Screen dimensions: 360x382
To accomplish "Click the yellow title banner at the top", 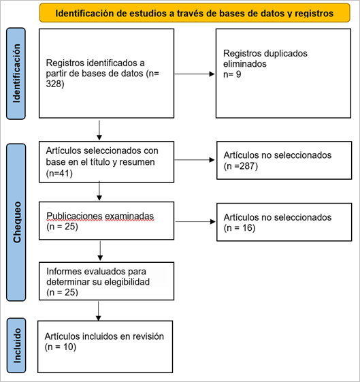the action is coord(195,13).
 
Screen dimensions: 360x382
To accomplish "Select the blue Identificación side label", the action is coord(16,74).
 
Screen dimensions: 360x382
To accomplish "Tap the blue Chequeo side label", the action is coord(16,222).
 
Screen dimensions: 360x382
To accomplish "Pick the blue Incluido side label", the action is coord(16,345).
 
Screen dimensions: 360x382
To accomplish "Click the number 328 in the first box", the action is coord(54,84).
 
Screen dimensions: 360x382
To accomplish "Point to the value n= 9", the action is coord(232,74).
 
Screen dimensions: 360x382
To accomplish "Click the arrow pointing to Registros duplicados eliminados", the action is coord(195,74).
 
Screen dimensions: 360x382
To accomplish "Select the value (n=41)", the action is coord(59,174).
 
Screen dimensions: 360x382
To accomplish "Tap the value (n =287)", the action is coord(241,166).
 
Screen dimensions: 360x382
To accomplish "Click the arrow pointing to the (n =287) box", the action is coord(195,160).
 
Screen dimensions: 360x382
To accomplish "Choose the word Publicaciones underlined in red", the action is coord(74,216).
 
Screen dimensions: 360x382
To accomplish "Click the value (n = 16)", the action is coord(240,228).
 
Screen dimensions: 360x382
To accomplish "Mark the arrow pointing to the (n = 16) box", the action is coord(195,221).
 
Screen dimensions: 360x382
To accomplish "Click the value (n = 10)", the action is coord(61,347).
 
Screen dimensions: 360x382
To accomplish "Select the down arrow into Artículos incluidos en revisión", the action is coord(99,311).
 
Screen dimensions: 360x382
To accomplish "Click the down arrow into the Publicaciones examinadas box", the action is coord(99,191).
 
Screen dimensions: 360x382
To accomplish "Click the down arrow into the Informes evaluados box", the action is coord(100,251).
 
